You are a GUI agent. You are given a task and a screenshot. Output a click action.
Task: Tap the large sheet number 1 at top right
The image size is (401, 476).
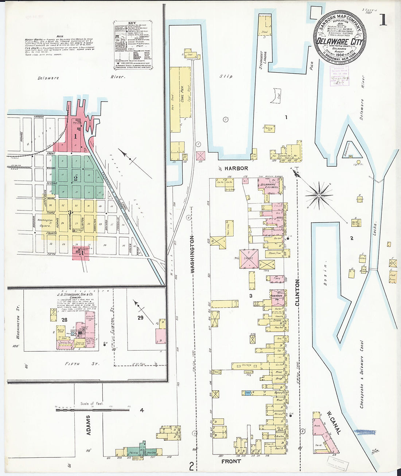pos(383,20)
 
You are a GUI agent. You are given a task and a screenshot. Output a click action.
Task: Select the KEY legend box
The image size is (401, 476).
pos(133,45)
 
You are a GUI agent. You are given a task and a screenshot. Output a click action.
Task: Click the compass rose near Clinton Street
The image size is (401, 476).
pos(319,196)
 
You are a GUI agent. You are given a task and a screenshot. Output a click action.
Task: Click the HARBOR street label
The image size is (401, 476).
pos(236,169)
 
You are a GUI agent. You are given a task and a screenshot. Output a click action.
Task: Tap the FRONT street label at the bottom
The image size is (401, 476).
pos(231,461)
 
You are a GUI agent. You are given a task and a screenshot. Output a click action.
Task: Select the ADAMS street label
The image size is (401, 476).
pos(88,425)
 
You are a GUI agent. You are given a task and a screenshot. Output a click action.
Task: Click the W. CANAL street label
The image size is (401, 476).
pos(334,423)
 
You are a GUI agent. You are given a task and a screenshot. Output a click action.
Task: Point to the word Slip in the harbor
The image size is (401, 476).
pos(226,76)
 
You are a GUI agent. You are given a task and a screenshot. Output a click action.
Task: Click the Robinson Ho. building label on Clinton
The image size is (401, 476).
pos(276,297)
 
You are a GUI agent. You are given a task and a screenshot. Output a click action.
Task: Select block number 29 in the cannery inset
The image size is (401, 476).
pos(140,318)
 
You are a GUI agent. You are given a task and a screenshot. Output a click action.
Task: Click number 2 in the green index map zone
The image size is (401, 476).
pos(75,178)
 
